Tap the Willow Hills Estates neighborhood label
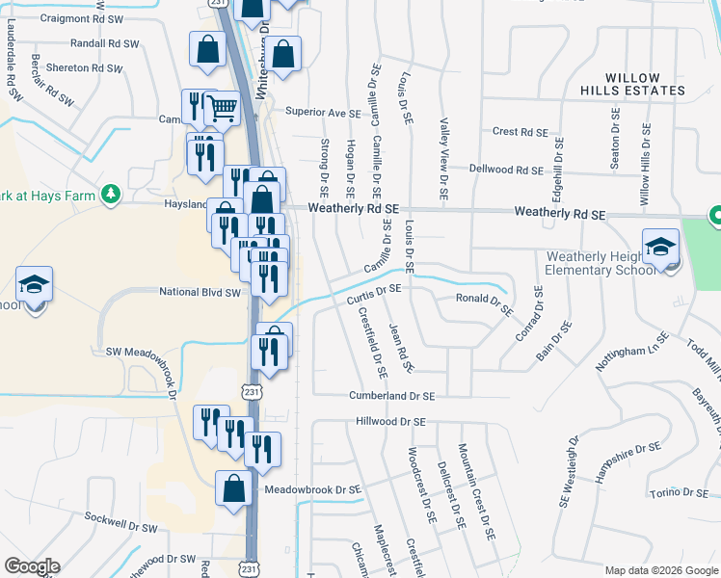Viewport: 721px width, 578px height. click(x=645, y=84)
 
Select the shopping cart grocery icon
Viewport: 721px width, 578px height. click(x=223, y=109)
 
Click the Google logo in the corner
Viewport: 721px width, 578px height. click(x=31, y=566)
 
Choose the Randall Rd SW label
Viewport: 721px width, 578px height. click(x=105, y=44)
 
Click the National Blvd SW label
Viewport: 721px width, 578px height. click(x=199, y=292)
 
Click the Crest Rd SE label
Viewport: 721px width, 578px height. click(x=520, y=132)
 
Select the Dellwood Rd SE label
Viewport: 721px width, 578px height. click(x=506, y=170)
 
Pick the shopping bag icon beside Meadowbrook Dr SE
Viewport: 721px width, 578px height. click(x=233, y=488)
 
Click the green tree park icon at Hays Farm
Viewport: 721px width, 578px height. click(x=112, y=194)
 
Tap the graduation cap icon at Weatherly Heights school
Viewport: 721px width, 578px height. click(x=661, y=247)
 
